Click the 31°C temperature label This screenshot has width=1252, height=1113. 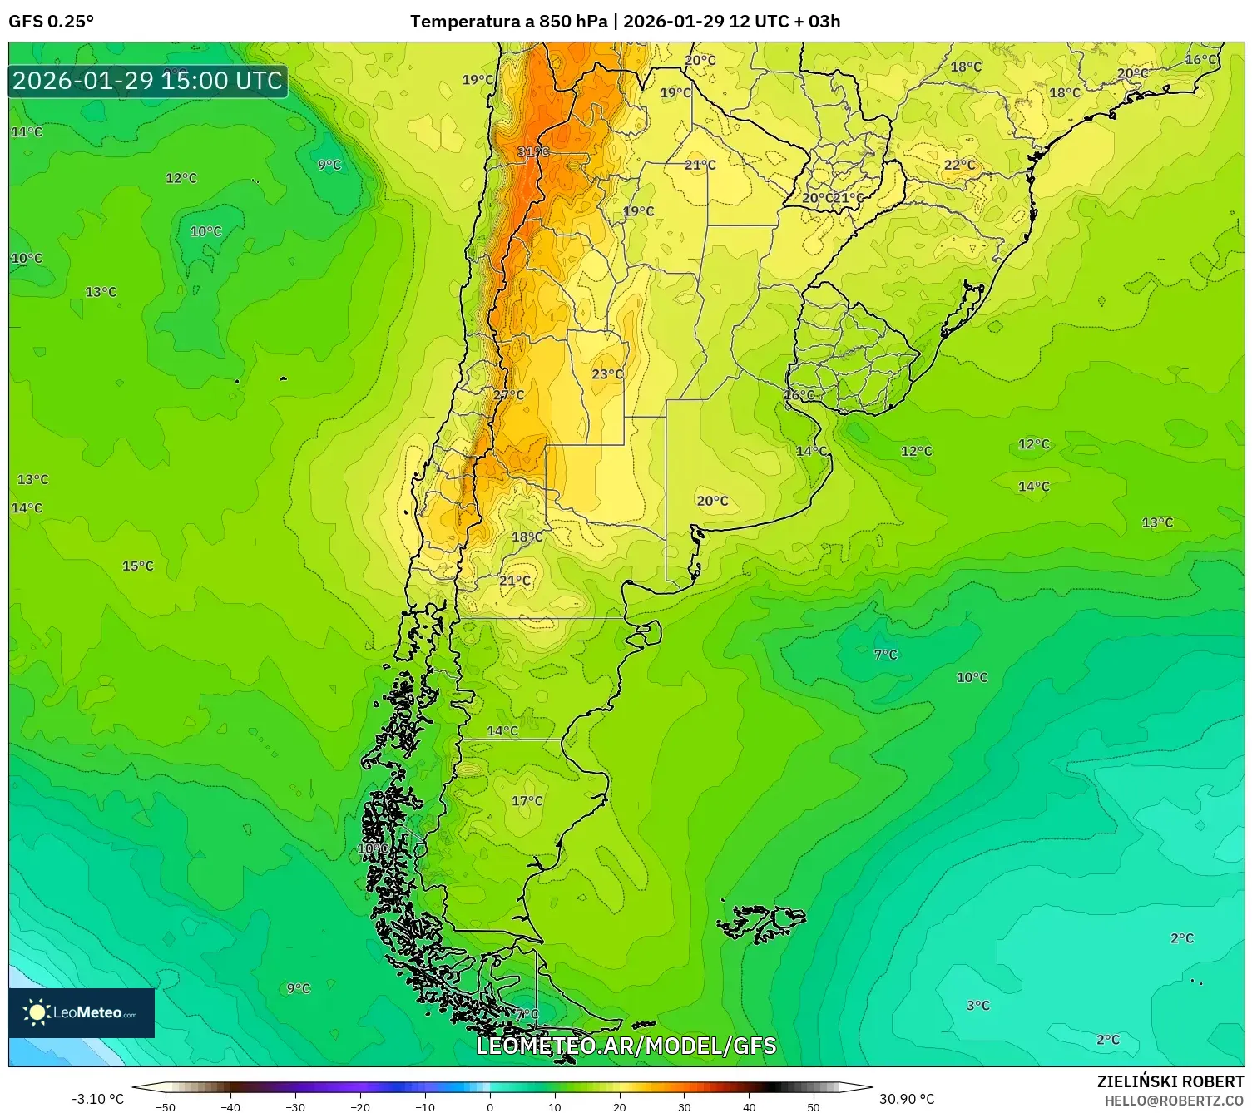(533, 151)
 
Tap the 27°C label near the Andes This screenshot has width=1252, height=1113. (509, 394)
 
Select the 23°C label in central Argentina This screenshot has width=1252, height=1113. (607, 374)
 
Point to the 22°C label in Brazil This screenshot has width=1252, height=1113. (959, 165)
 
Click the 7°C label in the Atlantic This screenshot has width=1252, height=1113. (886, 655)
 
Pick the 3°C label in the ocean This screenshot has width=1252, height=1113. (978, 1005)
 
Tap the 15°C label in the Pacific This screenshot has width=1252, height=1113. (138, 566)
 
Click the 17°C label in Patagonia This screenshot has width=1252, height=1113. (527, 800)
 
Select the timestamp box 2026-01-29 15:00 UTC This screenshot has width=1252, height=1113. (148, 81)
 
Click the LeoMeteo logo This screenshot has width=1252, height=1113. (82, 1012)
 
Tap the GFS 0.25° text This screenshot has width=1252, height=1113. (52, 22)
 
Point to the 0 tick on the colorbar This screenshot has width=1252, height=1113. (490, 1106)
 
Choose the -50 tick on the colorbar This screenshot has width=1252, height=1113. (166, 1106)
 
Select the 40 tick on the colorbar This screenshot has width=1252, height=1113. (749, 1106)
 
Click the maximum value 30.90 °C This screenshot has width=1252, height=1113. (907, 1099)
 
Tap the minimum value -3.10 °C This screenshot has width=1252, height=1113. (97, 1099)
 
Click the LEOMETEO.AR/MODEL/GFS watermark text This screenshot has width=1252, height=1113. (626, 1046)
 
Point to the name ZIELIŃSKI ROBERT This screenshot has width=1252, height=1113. (1170, 1081)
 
